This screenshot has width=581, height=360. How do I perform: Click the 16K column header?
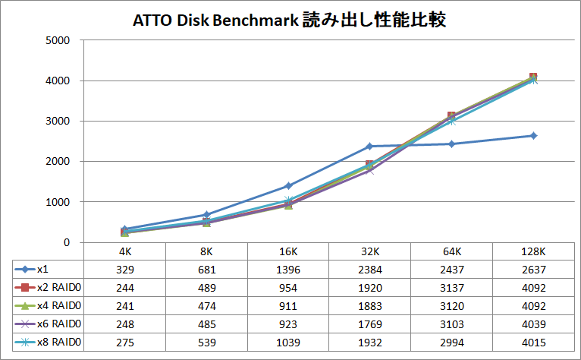tap(288, 251)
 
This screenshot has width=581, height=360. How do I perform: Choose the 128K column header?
tap(533, 251)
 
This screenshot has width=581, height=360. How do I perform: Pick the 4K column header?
tap(124, 251)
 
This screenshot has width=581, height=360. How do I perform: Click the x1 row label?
tap(42, 270)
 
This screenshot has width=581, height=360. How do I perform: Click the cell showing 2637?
tap(533, 270)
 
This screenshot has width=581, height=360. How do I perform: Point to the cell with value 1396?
tap(288, 270)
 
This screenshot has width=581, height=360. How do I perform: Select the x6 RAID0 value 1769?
tap(370, 324)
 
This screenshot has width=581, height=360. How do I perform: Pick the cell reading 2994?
tap(451, 343)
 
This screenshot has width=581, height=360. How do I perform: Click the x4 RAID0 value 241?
tap(124, 306)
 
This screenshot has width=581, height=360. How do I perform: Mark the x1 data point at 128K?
tap(533, 136)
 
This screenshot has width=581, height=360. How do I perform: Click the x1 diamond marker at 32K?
tap(370, 146)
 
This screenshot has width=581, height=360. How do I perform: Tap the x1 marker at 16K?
tap(288, 185)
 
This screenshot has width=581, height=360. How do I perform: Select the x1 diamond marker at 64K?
tap(451, 144)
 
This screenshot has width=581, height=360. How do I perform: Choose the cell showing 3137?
tap(451, 288)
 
